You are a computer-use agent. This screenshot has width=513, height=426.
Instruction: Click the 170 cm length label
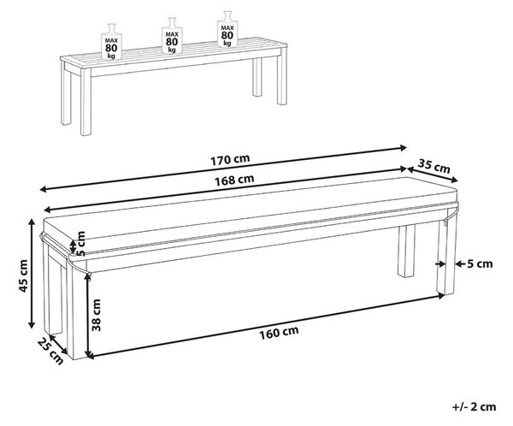tap(230, 159)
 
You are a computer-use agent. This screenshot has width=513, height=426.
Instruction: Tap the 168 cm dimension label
tap(234, 180)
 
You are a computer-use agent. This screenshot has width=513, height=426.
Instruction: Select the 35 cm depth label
tap(434, 166)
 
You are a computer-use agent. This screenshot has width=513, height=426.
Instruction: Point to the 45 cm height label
tap(23, 275)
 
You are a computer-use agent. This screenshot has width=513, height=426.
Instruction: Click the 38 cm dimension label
tap(96, 315)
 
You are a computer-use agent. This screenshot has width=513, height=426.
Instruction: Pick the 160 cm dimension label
tap(279, 332)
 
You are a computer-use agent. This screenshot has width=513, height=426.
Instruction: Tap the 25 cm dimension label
tap(50, 352)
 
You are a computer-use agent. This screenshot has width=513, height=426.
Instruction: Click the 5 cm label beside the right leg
tap(480, 263)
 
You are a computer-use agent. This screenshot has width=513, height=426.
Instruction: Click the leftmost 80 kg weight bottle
tap(111, 42)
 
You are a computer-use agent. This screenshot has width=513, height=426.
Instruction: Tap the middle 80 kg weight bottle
tap(172, 36)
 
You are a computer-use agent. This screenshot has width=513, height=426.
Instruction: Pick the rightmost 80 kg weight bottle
tap(227, 29)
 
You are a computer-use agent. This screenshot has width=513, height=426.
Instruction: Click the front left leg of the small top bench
tap(85, 102)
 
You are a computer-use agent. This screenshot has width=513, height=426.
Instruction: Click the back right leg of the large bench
tap(406, 251)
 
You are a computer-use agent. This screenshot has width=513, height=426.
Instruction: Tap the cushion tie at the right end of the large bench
tap(450, 216)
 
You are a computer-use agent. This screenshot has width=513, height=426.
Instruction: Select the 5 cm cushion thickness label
tap(81, 244)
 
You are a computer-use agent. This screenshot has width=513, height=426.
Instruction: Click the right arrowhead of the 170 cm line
tap(404, 148)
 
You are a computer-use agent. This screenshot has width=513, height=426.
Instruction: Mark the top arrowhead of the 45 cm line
tap(32, 222)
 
